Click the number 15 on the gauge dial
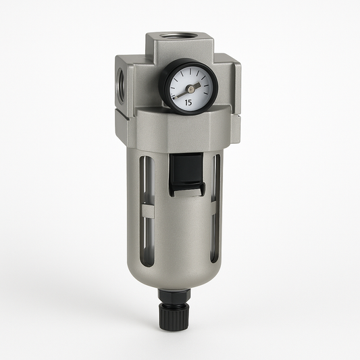(x=188, y=102)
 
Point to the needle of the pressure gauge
(x=184, y=91)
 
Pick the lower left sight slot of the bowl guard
(x=150, y=236)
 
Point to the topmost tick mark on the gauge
(x=190, y=70)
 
